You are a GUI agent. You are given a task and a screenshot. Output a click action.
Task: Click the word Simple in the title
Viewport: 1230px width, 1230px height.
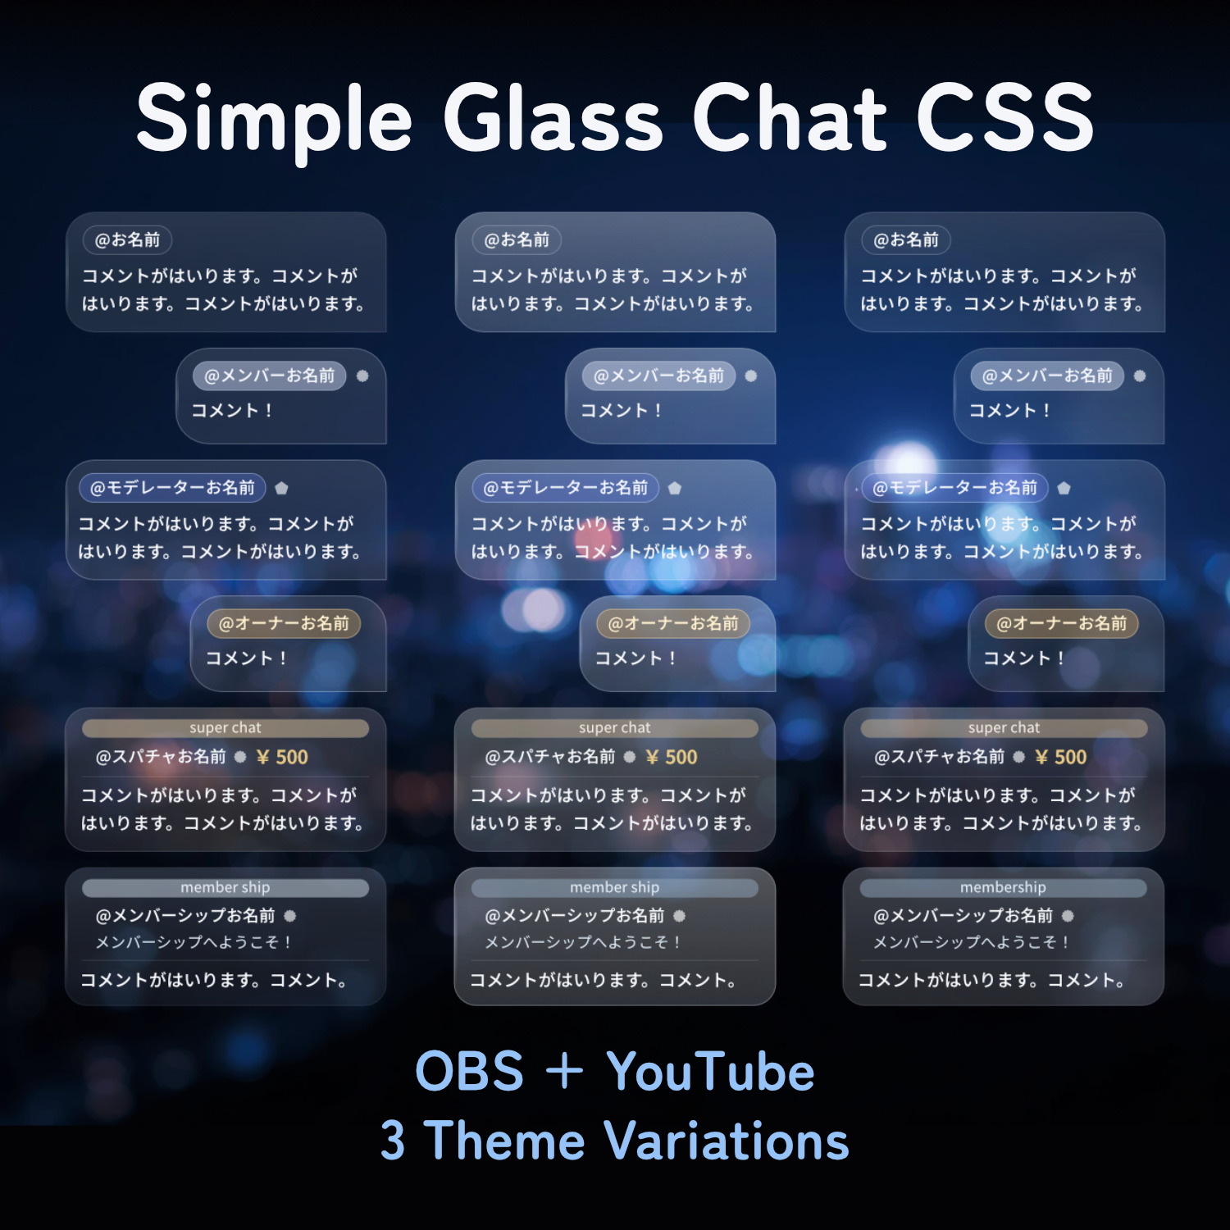pyautogui.click(x=274, y=120)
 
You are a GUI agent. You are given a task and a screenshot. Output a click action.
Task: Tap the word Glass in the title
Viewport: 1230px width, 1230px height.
pyautogui.click(x=553, y=117)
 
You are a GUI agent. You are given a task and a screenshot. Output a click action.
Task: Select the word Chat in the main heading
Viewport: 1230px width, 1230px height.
pyautogui.click(x=790, y=117)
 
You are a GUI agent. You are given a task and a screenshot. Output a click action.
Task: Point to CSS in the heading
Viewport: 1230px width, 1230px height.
pyautogui.click(x=1005, y=117)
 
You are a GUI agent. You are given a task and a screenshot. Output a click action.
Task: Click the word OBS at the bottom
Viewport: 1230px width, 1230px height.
pyautogui.click(x=469, y=1071)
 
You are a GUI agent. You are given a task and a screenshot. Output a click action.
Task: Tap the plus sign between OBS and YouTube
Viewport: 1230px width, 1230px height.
pyautogui.click(x=564, y=1072)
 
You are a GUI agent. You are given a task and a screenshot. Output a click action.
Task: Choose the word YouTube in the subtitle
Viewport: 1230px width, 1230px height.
pyautogui.click(x=710, y=1071)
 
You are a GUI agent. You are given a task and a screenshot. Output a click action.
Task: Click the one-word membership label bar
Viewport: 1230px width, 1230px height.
pyautogui.click(x=1003, y=887)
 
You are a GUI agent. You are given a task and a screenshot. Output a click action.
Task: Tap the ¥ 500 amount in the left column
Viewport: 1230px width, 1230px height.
pyautogui.click(x=282, y=757)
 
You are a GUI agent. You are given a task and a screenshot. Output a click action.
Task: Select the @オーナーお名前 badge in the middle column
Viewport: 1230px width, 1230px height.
pyautogui.click(x=673, y=623)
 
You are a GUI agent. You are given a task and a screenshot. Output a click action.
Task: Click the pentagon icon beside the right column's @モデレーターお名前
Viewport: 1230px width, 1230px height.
pyautogui.click(x=1064, y=488)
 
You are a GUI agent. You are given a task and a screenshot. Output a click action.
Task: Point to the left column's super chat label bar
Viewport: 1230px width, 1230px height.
pyautogui.click(x=225, y=728)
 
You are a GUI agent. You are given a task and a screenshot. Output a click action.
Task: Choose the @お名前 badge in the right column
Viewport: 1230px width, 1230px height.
pyautogui.click(x=906, y=239)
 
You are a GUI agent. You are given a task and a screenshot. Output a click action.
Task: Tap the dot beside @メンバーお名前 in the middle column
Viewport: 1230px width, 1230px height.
pyautogui.click(x=750, y=376)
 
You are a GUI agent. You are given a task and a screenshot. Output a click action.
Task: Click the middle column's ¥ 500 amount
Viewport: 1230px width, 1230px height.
pyautogui.click(x=672, y=757)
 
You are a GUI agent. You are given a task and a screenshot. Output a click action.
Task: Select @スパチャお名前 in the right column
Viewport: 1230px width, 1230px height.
pyautogui.click(x=940, y=757)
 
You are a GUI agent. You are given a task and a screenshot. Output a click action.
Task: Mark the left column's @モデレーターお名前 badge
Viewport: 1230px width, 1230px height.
pyautogui.click(x=172, y=488)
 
